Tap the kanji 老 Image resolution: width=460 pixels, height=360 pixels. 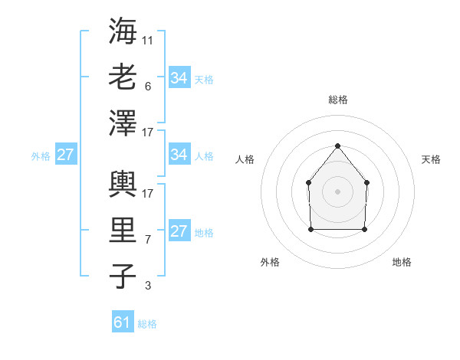pos(122,77)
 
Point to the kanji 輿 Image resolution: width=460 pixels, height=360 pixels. pos(122,184)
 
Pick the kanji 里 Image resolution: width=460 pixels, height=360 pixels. pos(122,231)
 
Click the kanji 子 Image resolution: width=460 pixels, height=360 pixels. pos(122,277)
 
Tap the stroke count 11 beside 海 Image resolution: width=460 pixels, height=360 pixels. pos(148,40)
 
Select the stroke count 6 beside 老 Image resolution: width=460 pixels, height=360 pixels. pos(147,87)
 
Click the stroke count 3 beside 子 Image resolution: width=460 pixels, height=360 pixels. pos(147,286)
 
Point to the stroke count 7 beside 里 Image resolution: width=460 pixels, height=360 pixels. pos(147,240)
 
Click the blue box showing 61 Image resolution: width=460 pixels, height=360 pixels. pos(123,322)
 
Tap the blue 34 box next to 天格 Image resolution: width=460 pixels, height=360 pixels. pos(179,77)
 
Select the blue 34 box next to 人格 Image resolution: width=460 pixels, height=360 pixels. pos(179,155)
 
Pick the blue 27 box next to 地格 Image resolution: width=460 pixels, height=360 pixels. pos(179,231)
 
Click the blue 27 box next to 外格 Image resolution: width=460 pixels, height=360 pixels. pos(65,155)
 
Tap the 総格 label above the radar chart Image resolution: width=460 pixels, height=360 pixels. pos(337,100)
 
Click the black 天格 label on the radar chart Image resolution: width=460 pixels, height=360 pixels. pos(431,159)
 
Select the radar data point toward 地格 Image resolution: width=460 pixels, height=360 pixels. pos(364,229)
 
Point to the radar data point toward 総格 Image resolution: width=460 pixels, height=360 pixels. pos(337,146)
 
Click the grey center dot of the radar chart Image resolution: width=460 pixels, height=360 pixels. pos(337,191)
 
